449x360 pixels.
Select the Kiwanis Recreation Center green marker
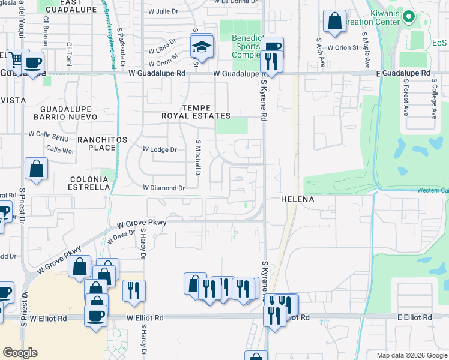tap(409, 16)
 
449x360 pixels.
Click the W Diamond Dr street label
tap(164, 187)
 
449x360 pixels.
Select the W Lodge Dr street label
tap(160, 149)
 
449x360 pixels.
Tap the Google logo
tap(20, 353)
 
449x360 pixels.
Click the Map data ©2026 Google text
tap(412, 355)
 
